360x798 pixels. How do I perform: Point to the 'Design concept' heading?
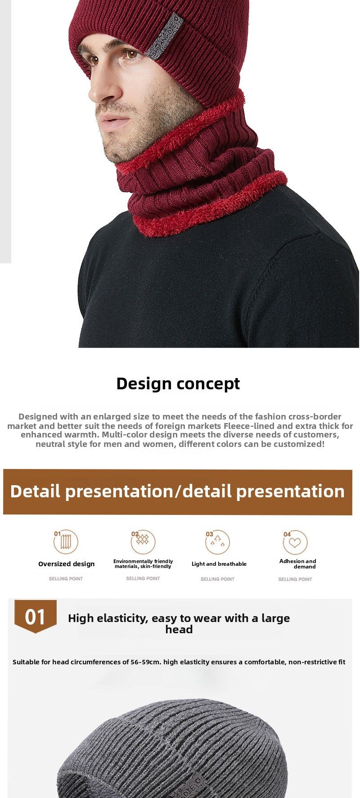coord(178,383)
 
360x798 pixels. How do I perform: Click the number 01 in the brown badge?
coord(35,617)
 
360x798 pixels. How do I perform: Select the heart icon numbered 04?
coord(295,542)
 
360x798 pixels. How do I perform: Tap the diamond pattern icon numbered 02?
coord(143,541)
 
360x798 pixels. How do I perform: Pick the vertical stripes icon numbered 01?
coord(66,541)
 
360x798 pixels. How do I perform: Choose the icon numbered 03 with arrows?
coord(218,542)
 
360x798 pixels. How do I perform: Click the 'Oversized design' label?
coord(67,564)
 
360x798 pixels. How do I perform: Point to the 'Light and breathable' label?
coord(219,564)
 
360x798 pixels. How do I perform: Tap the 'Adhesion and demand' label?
coord(298,564)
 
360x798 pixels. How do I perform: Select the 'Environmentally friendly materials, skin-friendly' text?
coord(143,564)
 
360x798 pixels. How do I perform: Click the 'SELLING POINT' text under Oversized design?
coord(66,579)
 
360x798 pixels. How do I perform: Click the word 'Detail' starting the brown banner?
coord(35,491)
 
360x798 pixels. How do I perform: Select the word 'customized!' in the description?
coord(299,444)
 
